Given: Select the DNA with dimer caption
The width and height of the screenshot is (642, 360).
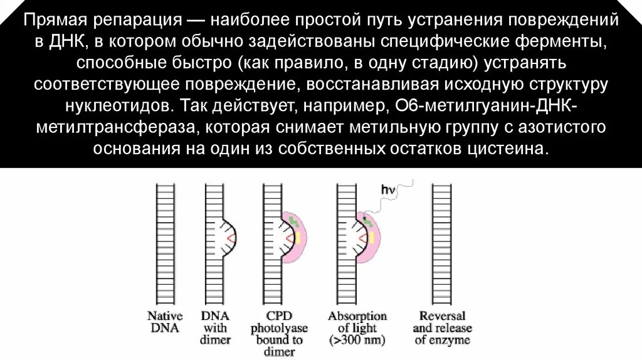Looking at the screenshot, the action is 217,327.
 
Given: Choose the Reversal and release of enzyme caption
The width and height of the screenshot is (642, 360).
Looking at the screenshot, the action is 442,327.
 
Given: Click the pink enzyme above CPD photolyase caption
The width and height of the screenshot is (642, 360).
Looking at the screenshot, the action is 296,236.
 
